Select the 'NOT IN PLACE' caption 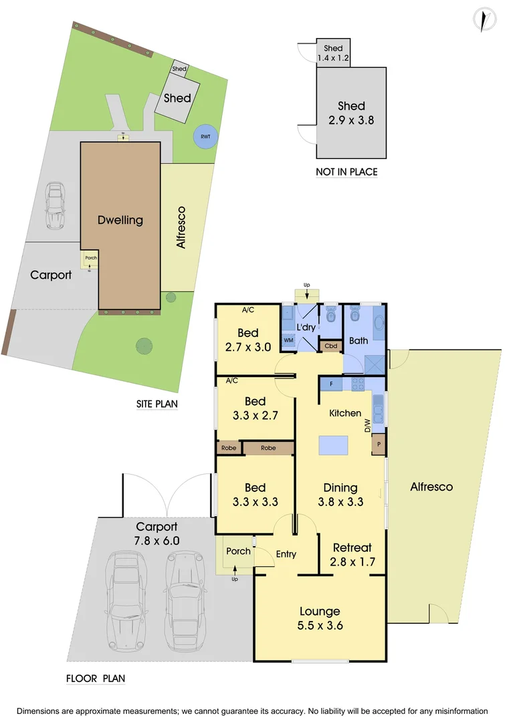pos(346,172)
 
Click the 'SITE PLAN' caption pos(156,404)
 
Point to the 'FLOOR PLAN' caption pos(96,679)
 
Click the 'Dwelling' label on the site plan pos(120,220)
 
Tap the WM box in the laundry pos(289,340)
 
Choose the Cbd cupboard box pos(330,346)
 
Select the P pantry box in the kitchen pos(379,445)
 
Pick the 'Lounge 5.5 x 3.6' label pos(320,618)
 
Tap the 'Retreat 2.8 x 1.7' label pos(352,555)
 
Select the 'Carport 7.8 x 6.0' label pos(157,533)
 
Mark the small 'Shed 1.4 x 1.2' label pos(333,53)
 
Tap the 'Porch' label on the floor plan pos(238,552)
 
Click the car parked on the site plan pos(55,206)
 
